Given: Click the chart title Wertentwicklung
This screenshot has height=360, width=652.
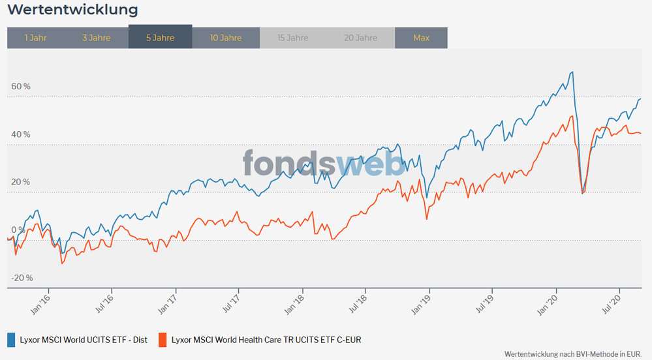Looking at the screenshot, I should (72, 10).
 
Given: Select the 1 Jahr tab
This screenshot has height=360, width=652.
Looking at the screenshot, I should (35, 37).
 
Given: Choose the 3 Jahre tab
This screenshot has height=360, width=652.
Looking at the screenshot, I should (97, 37).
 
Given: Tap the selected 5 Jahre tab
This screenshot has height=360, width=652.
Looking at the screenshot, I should (160, 37).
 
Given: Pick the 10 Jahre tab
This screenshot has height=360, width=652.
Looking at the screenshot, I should (226, 37).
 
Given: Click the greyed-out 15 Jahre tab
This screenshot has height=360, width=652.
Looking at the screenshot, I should (292, 37).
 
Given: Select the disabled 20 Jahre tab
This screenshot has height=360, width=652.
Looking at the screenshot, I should (361, 37).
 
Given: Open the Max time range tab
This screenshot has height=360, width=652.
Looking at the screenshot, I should (421, 37).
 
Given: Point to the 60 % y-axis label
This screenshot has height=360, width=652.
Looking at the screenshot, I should (20, 86).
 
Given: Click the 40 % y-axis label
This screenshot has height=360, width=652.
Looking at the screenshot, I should (20, 134).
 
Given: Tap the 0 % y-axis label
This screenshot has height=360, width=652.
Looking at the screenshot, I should (17, 230).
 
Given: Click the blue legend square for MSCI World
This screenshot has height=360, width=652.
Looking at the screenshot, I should (11, 339).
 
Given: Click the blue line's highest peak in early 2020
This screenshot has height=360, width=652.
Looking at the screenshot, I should (572, 72).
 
